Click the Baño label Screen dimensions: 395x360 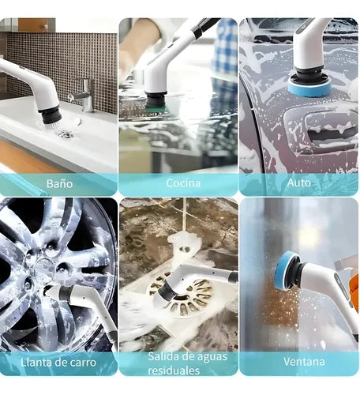tap(59, 183)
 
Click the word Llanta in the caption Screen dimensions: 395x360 tap(36, 362)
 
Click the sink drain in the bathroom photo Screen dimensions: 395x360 tap(66, 134)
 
